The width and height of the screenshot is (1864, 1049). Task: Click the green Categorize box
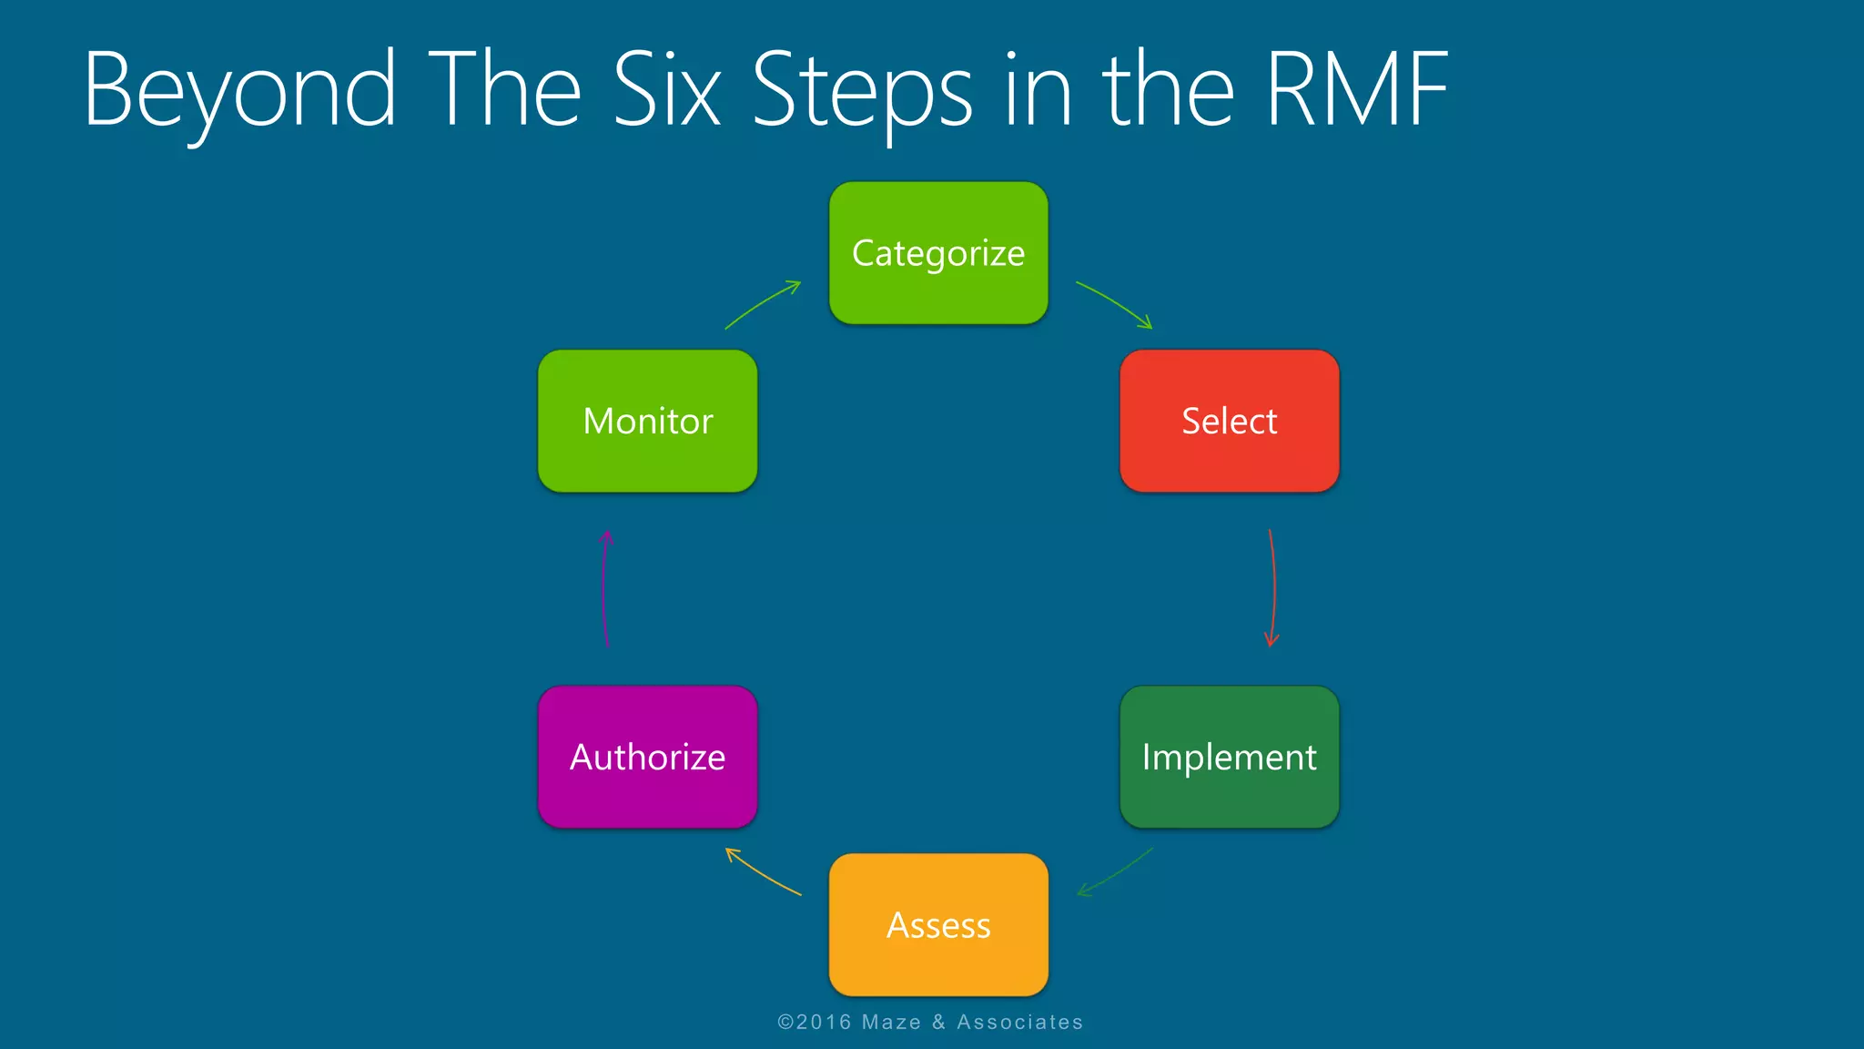[x=938, y=253]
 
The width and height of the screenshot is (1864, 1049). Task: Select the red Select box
[x=1229, y=421]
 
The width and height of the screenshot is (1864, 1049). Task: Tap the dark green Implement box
[x=1229, y=757]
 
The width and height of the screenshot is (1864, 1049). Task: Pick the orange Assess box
[x=938, y=924]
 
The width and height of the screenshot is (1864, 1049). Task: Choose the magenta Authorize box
[x=647, y=757]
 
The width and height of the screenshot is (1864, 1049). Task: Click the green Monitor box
[x=647, y=421]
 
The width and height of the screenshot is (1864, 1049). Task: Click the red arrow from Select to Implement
[x=1273, y=587]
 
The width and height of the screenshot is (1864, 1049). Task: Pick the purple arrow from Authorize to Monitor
[x=603, y=587]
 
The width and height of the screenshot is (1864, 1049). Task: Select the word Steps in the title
[x=862, y=91]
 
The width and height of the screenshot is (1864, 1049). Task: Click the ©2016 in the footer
[x=814, y=1023]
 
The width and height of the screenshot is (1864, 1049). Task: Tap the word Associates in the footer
[x=1019, y=1023]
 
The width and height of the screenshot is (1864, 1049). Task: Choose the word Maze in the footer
[x=891, y=1023]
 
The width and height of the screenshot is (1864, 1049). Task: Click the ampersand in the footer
[x=938, y=1023]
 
